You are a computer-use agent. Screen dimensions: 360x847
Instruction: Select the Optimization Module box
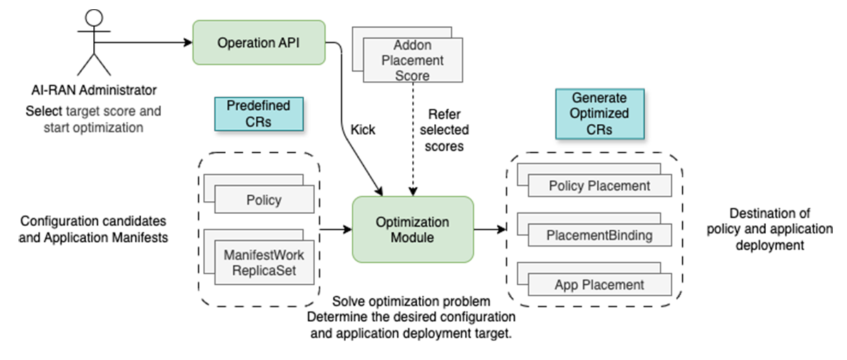[x=413, y=230]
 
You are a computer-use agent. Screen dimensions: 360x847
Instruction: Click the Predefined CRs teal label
[x=258, y=114]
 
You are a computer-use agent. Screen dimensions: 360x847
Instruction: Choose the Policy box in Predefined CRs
[x=265, y=200]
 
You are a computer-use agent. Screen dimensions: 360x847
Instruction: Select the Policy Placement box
[x=599, y=186]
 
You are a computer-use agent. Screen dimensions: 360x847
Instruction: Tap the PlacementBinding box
[x=599, y=235]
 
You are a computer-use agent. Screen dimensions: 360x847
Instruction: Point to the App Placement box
[x=599, y=284]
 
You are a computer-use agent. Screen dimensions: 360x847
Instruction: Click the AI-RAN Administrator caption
[x=94, y=91]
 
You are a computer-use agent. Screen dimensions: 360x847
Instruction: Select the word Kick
[x=363, y=130]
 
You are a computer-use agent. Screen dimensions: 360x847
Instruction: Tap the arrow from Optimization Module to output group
[x=490, y=229]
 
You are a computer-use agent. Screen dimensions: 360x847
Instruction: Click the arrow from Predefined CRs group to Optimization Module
[x=336, y=229]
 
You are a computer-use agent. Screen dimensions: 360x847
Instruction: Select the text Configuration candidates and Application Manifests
[x=95, y=229]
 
